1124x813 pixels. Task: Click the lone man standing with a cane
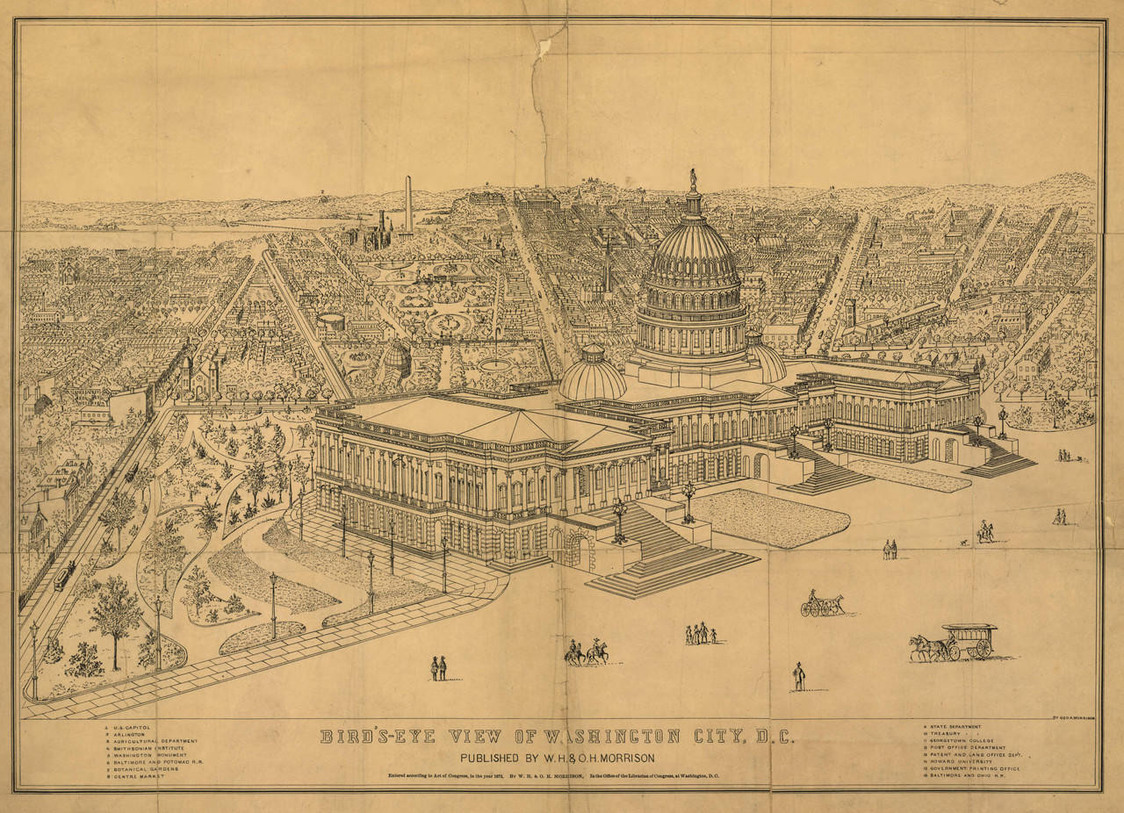(798, 676)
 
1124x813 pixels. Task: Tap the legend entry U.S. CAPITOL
(133, 728)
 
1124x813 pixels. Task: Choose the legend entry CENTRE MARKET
(137, 776)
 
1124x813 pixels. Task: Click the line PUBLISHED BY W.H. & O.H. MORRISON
(558, 759)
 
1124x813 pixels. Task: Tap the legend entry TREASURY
(947, 734)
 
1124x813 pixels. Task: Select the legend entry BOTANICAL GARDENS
(146, 769)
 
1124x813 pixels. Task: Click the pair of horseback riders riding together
(587, 651)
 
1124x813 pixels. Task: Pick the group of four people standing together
(700, 634)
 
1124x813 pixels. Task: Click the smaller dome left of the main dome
(592, 373)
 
